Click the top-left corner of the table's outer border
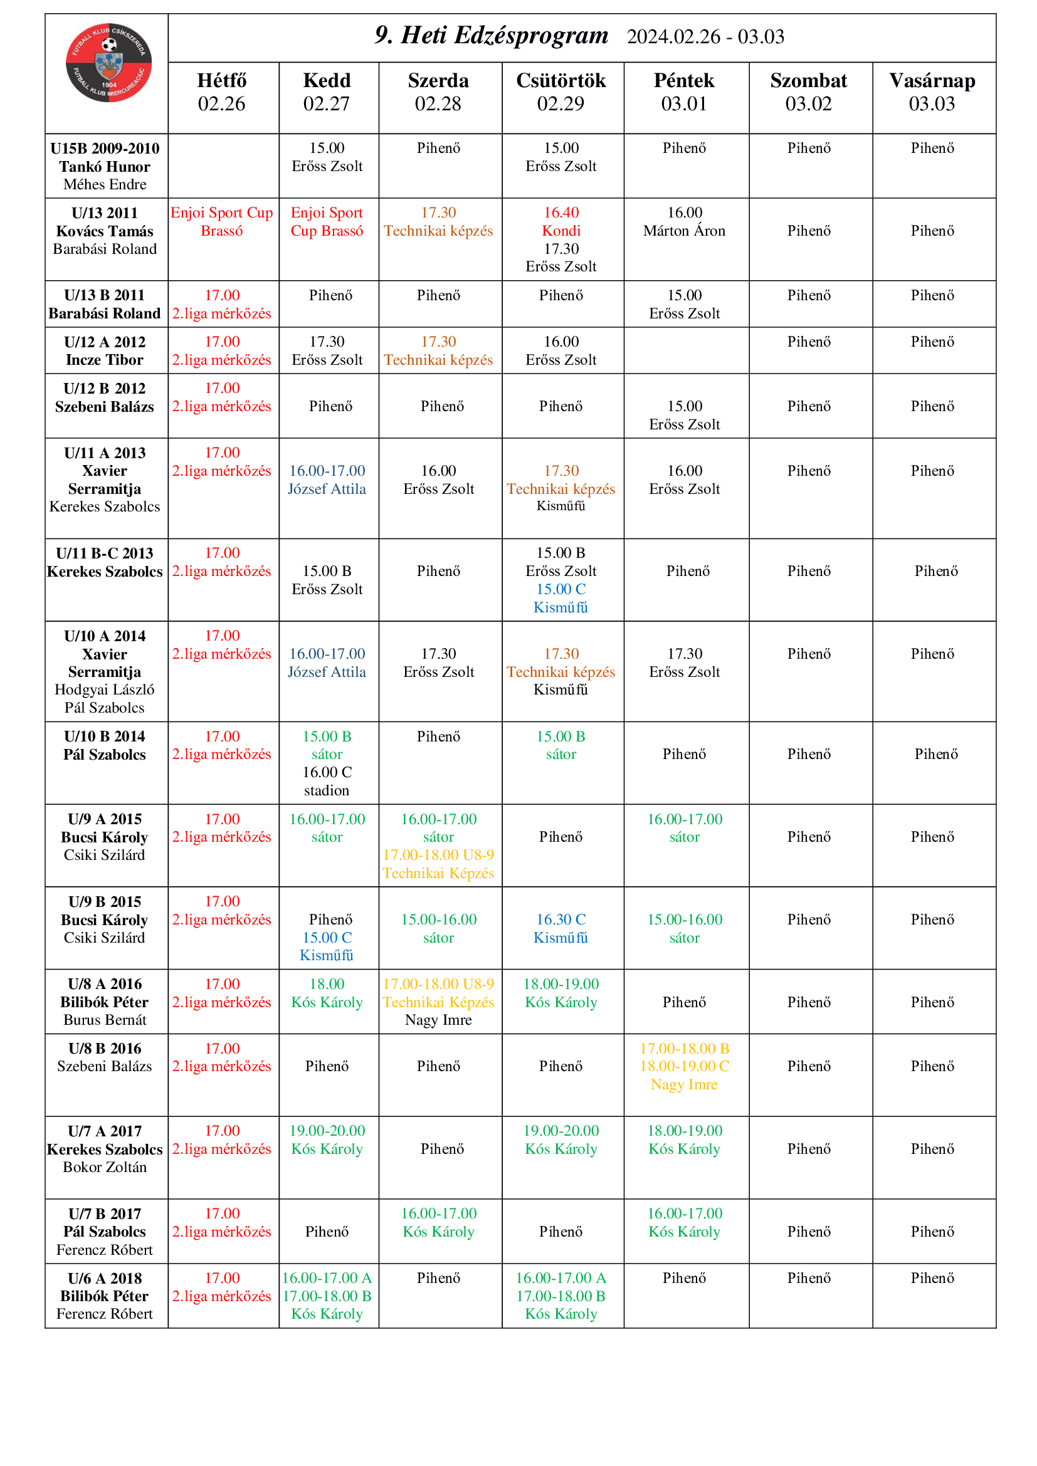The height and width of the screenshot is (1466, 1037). tap(45, 14)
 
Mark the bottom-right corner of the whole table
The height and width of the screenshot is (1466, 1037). tap(996, 1328)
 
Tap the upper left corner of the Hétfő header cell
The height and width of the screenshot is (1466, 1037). tap(169, 63)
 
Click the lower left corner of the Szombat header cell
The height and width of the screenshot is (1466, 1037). tap(749, 134)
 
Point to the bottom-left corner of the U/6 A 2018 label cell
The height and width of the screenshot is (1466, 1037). tap(45, 1328)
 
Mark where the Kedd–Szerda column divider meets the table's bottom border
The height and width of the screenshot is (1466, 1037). tap(379, 1328)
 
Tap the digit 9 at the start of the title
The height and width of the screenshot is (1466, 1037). tap(381, 35)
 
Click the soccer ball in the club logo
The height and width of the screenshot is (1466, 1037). tap(109, 45)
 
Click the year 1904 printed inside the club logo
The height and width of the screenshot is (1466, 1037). tap(109, 84)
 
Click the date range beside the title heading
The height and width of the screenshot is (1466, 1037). tap(705, 36)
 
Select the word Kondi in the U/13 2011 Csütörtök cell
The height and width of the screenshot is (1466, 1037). tap(561, 231)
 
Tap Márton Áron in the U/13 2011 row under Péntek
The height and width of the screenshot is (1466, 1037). tap(685, 231)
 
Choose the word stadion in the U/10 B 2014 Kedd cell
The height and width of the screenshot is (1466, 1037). tap(327, 790)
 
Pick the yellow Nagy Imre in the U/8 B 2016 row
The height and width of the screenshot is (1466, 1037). tap(685, 1084)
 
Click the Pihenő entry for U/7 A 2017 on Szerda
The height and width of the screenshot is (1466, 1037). tap(443, 1149)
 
